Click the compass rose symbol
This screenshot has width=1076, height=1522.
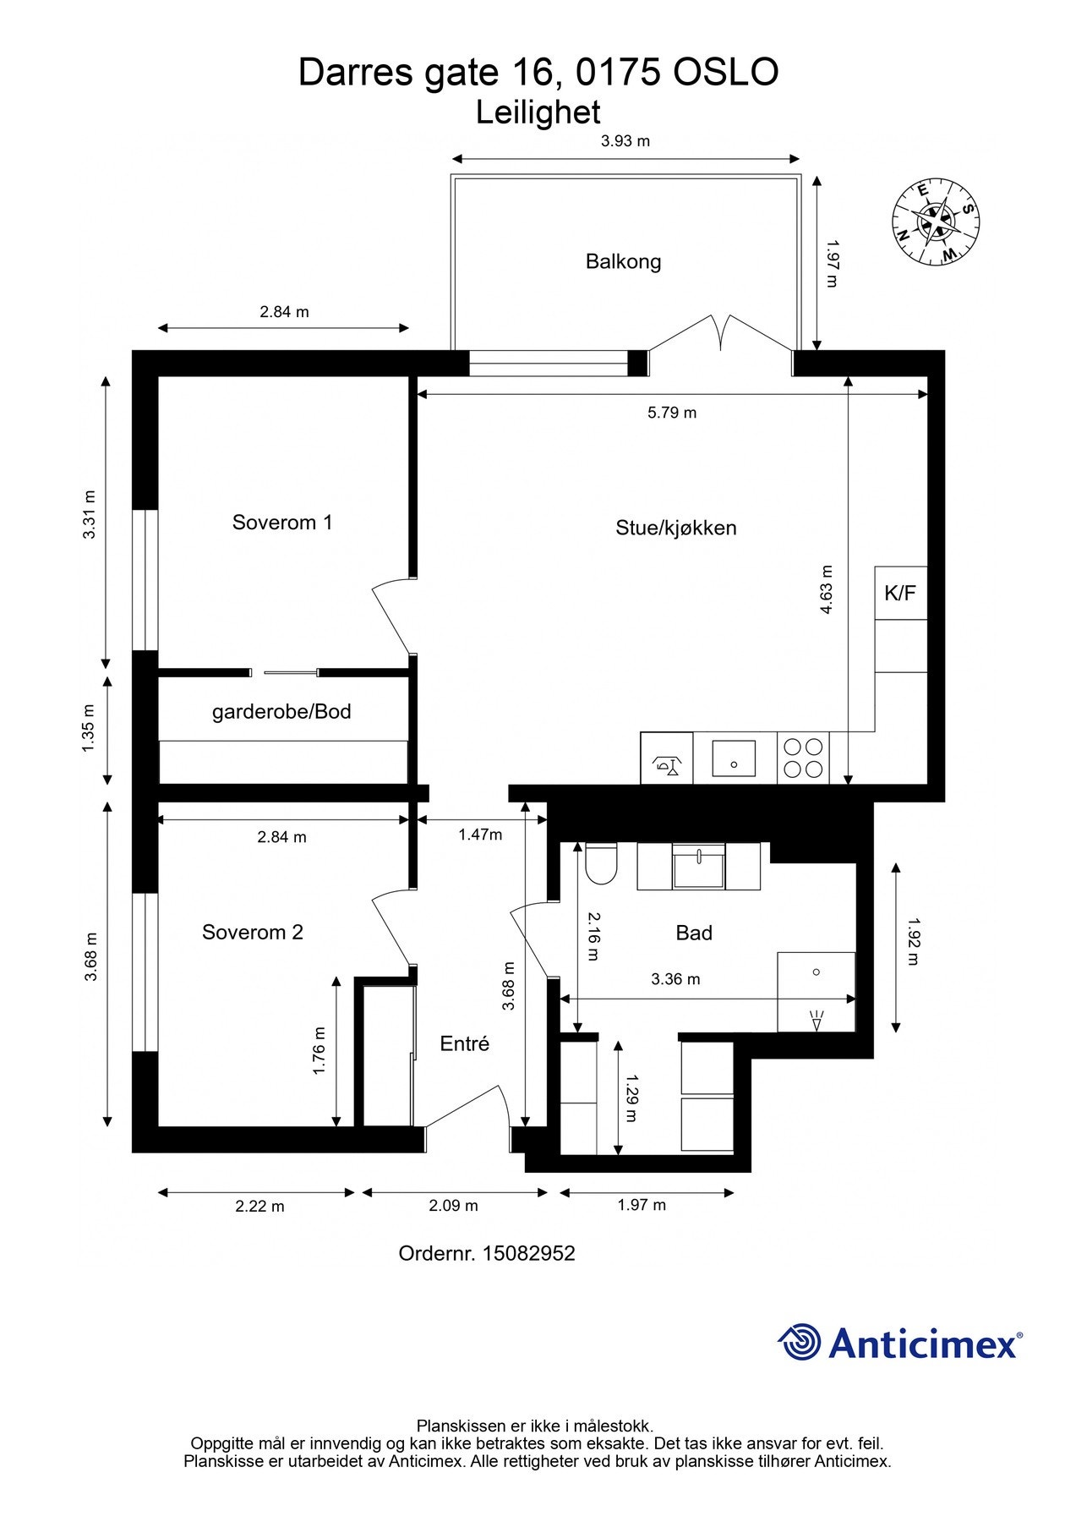click(x=937, y=222)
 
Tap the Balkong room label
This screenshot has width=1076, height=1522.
click(x=623, y=261)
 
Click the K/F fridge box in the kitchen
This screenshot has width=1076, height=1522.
click(x=900, y=593)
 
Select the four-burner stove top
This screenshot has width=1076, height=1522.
click(x=803, y=758)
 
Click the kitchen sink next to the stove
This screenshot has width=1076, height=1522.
click(x=734, y=758)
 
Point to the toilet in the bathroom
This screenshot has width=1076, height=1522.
click(x=601, y=863)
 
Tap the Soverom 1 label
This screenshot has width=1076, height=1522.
click(x=282, y=522)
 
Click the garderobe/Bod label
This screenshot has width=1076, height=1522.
click(x=281, y=711)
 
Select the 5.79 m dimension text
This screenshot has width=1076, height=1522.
click(x=672, y=413)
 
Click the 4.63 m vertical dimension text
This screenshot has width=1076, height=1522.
click(x=827, y=589)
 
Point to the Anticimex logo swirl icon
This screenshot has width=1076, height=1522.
click(x=800, y=1342)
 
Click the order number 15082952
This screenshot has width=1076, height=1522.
click(x=528, y=1253)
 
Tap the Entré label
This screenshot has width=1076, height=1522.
click(x=465, y=1043)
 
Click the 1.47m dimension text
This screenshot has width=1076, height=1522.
click(x=480, y=835)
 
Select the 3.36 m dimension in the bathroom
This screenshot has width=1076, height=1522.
click(x=675, y=979)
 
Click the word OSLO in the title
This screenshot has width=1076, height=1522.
click(x=725, y=73)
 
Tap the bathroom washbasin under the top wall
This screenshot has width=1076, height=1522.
click(x=698, y=867)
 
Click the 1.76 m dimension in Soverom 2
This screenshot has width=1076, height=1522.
click(x=320, y=1051)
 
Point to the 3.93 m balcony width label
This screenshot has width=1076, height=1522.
click(x=625, y=141)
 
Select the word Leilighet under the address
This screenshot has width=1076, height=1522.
click(x=538, y=112)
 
